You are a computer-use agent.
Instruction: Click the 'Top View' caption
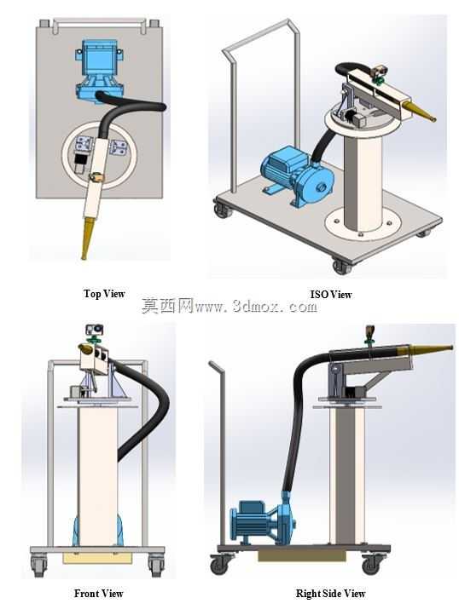tap(104, 294)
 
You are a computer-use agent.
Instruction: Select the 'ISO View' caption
tap(331, 295)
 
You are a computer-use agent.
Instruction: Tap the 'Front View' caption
tap(99, 594)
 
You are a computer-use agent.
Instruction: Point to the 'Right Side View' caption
tap(330, 594)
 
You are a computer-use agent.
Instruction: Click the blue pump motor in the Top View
tap(99, 71)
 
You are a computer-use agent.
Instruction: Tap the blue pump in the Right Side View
tap(263, 521)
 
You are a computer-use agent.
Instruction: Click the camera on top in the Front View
tap(95, 330)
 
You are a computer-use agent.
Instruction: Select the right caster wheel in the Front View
tap(156, 566)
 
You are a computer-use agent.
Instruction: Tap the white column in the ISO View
tap(363, 181)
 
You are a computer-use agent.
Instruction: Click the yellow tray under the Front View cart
tap(97, 558)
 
